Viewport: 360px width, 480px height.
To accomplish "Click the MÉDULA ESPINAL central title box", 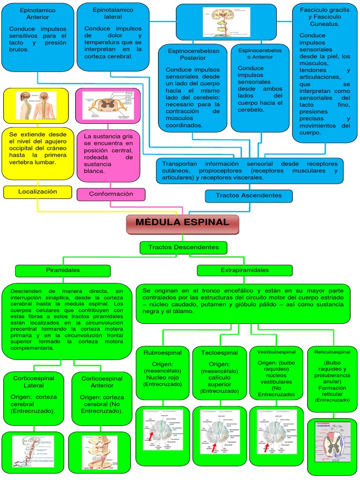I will [182, 223].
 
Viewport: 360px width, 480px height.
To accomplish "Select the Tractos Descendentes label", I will [183, 247].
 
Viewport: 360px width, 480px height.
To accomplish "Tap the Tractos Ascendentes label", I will [248, 195].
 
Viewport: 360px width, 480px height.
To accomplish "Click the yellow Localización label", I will [37, 192].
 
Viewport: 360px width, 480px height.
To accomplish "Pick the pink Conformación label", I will [111, 194].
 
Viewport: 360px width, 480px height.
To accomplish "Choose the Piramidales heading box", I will [63, 270].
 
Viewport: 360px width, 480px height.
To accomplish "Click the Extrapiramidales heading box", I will [245, 270].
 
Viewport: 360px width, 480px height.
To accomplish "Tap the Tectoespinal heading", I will [219, 353].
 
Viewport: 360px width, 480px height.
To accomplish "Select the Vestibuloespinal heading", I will [277, 352].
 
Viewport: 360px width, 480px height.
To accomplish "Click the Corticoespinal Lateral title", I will [34, 382].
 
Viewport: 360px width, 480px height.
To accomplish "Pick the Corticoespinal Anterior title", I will [102, 382].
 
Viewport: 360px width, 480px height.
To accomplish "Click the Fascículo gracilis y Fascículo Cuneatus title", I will [325, 16].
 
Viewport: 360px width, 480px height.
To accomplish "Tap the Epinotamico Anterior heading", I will [38, 13].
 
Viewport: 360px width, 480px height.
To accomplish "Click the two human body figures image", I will [38, 105].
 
